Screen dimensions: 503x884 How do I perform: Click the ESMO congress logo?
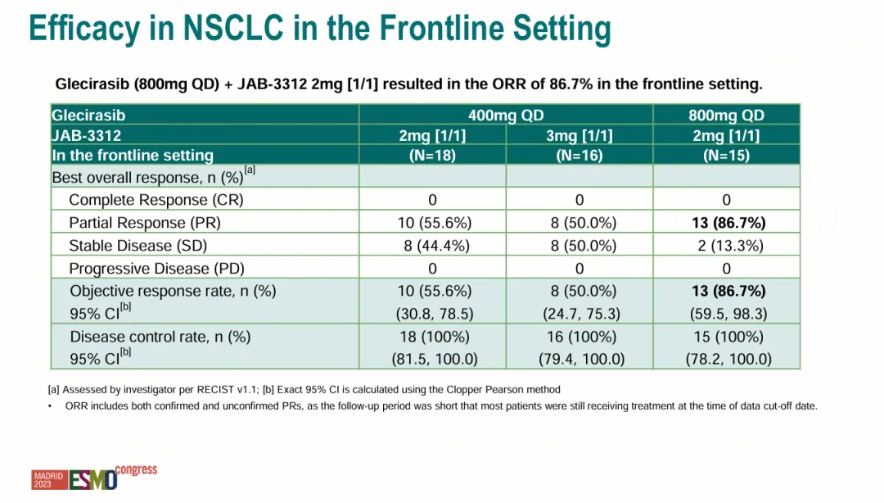[101, 478]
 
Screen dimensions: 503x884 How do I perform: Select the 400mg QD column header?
[506, 116]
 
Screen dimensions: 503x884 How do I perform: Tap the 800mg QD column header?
[726, 116]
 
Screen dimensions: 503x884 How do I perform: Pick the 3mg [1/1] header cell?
[579, 135]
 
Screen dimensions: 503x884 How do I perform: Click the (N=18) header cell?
[432, 155]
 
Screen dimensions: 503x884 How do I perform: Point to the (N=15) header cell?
[726, 155]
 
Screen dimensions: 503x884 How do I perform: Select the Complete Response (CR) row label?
[156, 200]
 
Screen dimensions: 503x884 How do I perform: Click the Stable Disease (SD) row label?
[138, 246]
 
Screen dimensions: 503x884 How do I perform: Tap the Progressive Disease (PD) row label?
[156, 269]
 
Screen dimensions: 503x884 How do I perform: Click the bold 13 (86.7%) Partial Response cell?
[726, 223]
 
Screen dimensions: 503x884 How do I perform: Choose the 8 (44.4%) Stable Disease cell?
[432, 246]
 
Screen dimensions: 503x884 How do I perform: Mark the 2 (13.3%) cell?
[726, 246]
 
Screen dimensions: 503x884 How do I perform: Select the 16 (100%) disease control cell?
[579, 337]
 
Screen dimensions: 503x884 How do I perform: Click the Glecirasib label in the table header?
[88, 116]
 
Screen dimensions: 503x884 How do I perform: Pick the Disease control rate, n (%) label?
[160, 337]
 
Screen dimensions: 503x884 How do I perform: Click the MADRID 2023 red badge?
[48, 480]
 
